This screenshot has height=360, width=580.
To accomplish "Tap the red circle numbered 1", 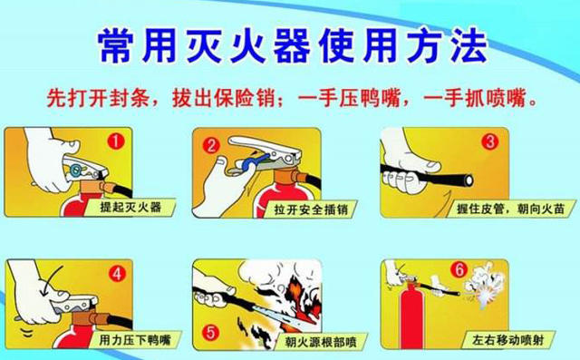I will point(116,141).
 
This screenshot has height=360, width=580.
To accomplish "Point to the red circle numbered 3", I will point(489,141).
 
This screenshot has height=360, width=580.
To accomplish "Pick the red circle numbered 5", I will point(210,331).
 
